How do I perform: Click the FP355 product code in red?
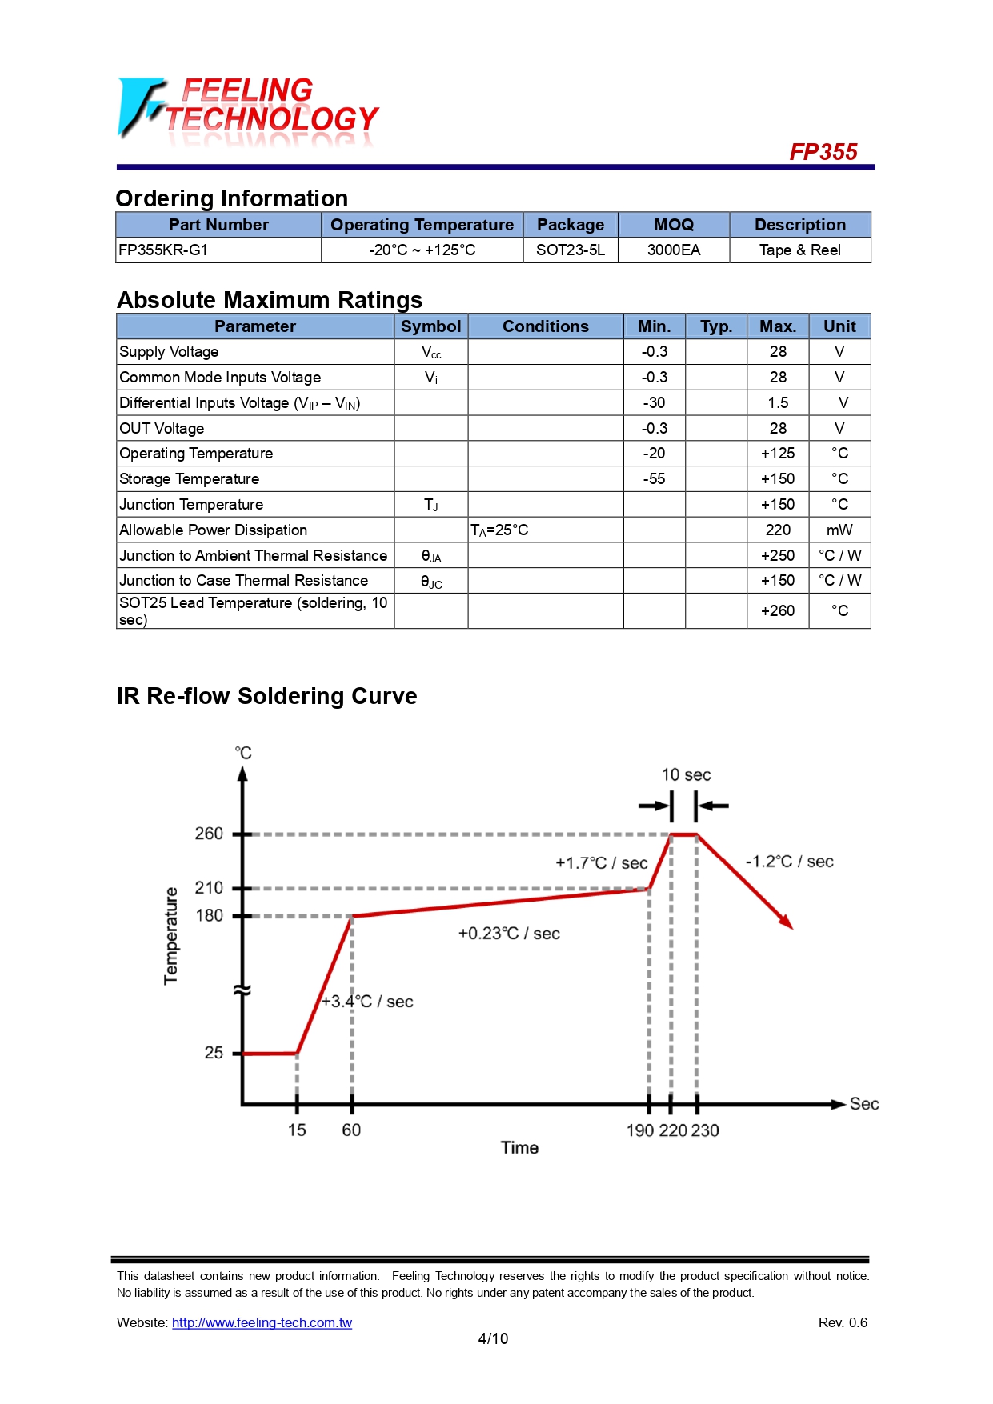pyautogui.click(x=823, y=152)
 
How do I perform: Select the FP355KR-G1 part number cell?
pyautogui.click(x=163, y=250)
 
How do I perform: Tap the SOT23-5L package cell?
pyautogui.click(x=570, y=250)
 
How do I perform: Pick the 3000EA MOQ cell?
pyautogui.click(x=673, y=250)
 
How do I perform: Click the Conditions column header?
pyautogui.click(x=545, y=326)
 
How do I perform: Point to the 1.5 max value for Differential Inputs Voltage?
pyautogui.click(x=777, y=403)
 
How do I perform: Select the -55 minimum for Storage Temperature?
pyautogui.click(x=654, y=479)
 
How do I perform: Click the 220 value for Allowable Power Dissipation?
pyautogui.click(x=777, y=530)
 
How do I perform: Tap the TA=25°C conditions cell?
pyautogui.click(x=499, y=530)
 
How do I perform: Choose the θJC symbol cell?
pyautogui.click(x=430, y=582)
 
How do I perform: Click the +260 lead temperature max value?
pyautogui.click(x=777, y=611)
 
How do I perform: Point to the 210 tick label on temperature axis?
pyautogui.click(x=209, y=888)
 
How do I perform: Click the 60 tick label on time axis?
pyautogui.click(x=351, y=1130)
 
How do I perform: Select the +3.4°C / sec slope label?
pyautogui.click(x=367, y=1002)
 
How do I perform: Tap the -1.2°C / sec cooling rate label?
pyautogui.click(x=789, y=862)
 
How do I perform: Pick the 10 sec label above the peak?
pyautogui.click(x=686, y=775)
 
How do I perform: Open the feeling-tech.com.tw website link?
pyautogui.click(x=262, y=1323)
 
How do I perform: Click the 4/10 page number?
pyautogui.click(x=493, y=1339)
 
